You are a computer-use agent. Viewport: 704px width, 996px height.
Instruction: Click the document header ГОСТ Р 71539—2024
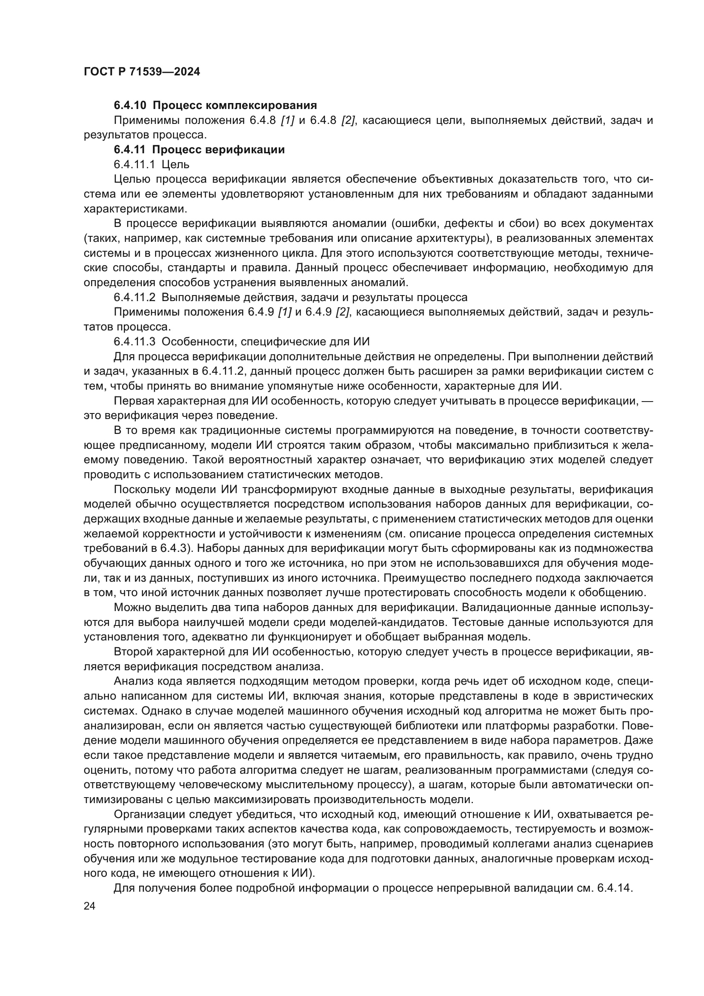142,72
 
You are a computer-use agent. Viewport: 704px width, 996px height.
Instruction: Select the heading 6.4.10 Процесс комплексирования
215,106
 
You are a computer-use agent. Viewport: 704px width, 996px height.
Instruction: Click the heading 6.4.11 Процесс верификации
199,150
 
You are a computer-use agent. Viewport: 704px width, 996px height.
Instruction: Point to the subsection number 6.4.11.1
135,165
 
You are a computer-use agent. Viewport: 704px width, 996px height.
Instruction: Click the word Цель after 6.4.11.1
175,165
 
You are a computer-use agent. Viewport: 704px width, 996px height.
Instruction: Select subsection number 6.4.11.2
135,298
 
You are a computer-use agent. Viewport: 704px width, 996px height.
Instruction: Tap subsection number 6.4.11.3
135,342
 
